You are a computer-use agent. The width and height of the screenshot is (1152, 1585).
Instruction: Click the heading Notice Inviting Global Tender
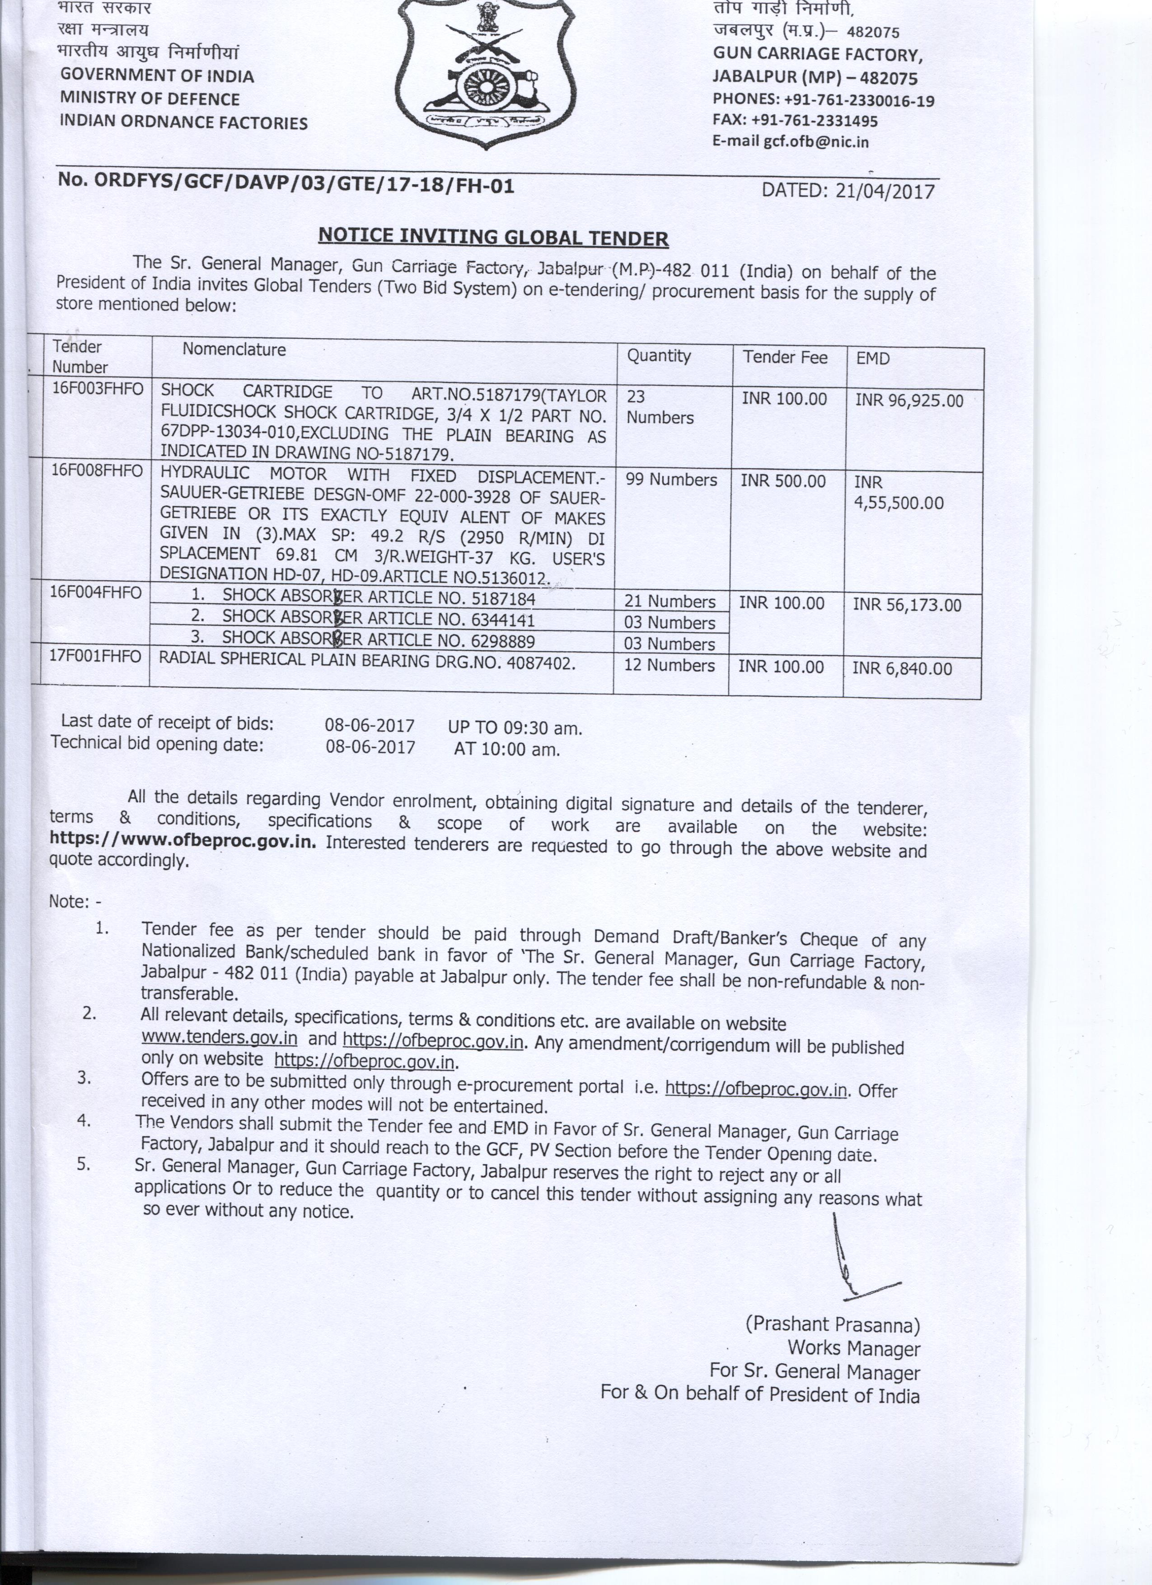point(493,237)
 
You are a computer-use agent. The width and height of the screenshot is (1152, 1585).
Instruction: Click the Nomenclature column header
point(234,350)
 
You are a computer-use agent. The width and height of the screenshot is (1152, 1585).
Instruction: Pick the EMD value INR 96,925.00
point(909,401)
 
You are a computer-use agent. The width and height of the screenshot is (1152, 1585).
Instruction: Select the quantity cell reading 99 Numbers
point(671,480)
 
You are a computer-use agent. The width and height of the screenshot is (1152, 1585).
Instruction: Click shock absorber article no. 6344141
point(378,619)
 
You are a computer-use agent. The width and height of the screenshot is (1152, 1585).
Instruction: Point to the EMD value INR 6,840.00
point(902,669)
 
